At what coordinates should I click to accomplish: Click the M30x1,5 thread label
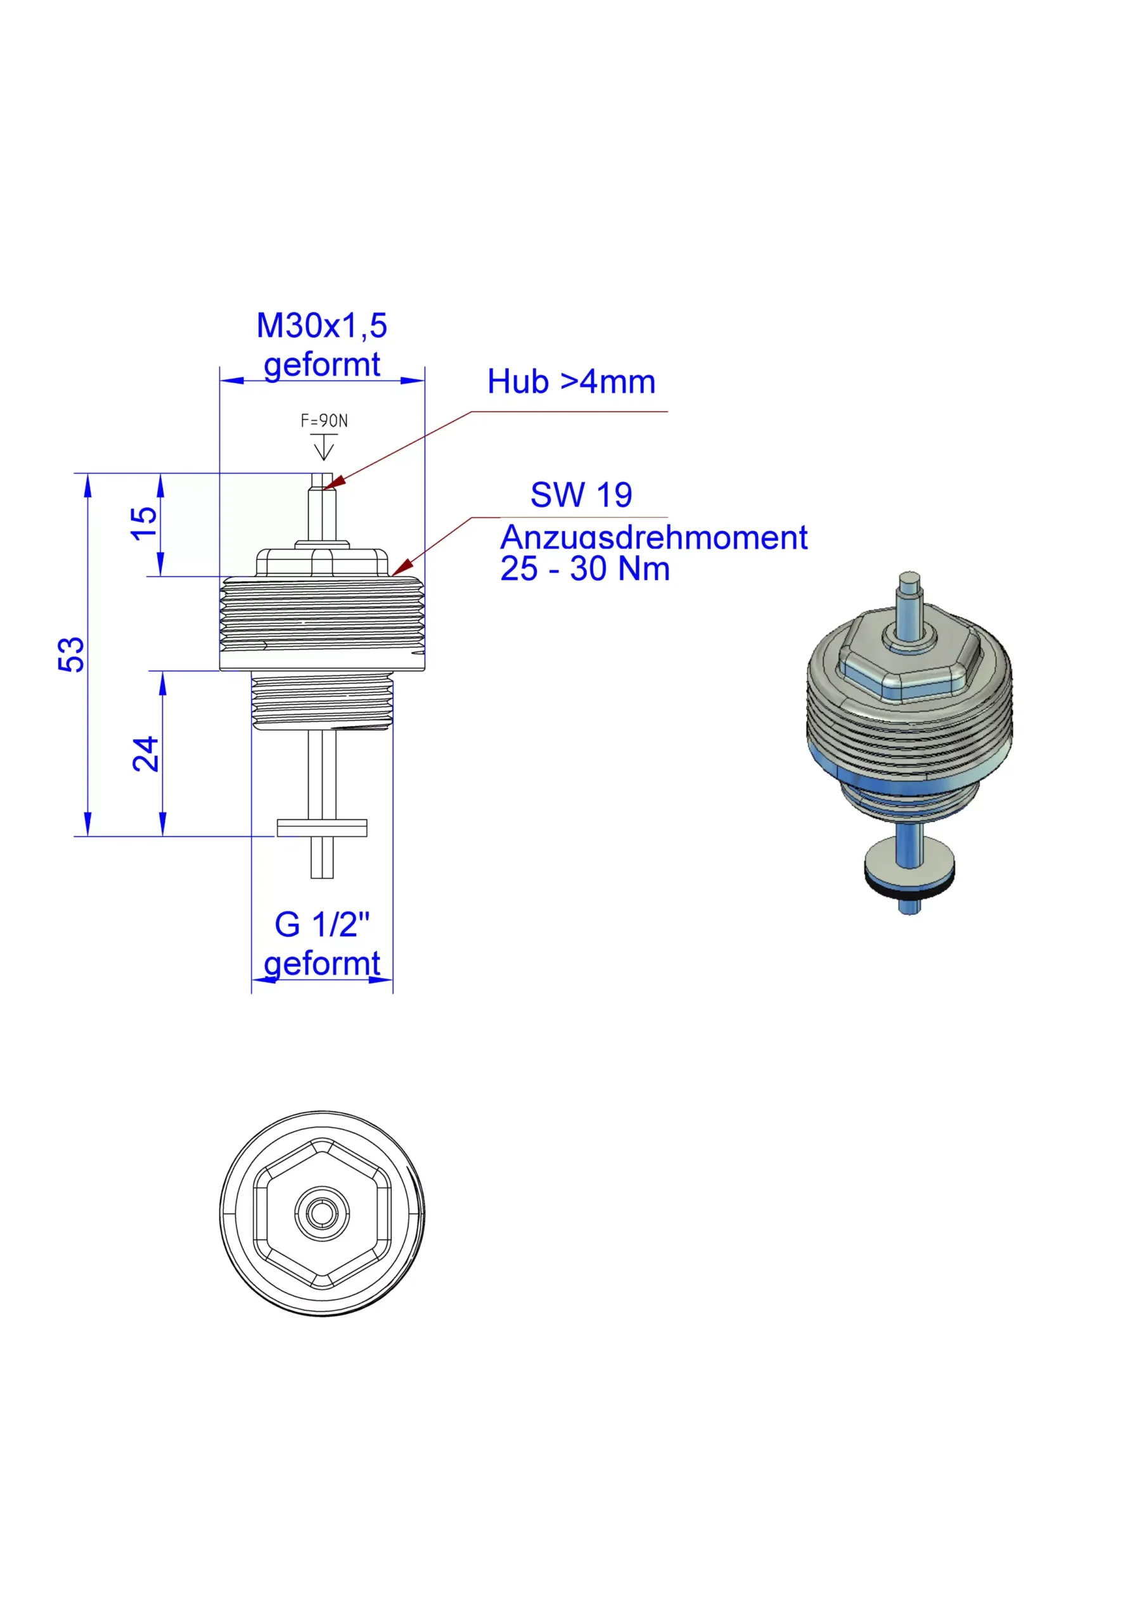tap(321, 326)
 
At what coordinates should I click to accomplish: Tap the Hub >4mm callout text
tap(571, 381)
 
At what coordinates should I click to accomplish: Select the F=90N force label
tap(324, 421)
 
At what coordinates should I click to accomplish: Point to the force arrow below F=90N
tap(324, 447)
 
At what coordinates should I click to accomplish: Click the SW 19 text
tap(581, 494)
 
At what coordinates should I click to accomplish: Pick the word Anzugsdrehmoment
tap(653, 539)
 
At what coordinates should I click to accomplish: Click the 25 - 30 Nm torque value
tap(585, 570)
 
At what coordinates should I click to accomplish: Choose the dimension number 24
tap(146, 753)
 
